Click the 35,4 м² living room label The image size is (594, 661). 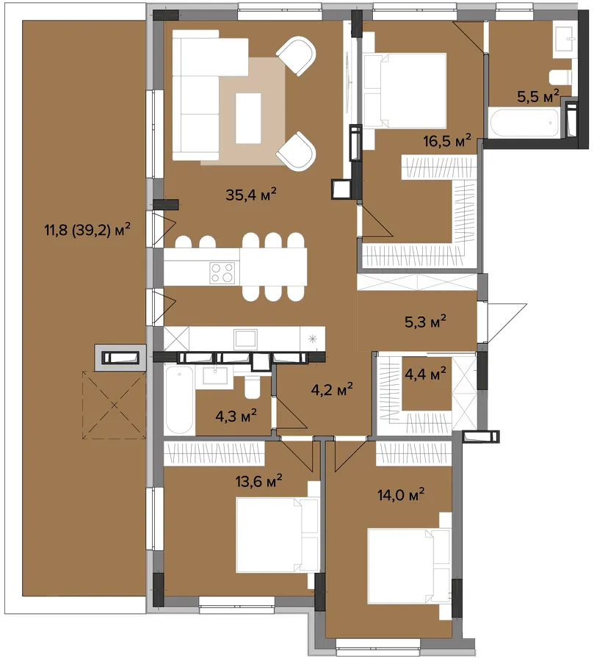(251, 195)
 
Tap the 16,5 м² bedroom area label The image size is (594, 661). (447, 140)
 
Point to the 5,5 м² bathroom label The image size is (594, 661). (538, 96)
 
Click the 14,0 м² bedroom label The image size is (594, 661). (401, 494)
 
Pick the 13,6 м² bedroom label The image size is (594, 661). (259, 480)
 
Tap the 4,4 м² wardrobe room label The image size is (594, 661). (425, 374)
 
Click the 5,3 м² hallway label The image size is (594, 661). (425, 322)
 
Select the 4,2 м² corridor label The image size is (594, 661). (332, 389)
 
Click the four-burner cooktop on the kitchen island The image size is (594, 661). (222, 272)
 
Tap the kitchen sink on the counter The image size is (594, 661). (245, 339)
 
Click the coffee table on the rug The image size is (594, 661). (248, 118)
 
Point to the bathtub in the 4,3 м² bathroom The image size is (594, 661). (179, 400)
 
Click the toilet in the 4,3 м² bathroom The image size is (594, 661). (253, 389)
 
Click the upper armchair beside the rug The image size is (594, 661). (297, 56)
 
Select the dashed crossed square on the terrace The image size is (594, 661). (115, 405)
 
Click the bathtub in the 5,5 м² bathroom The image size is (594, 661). (524, 123)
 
